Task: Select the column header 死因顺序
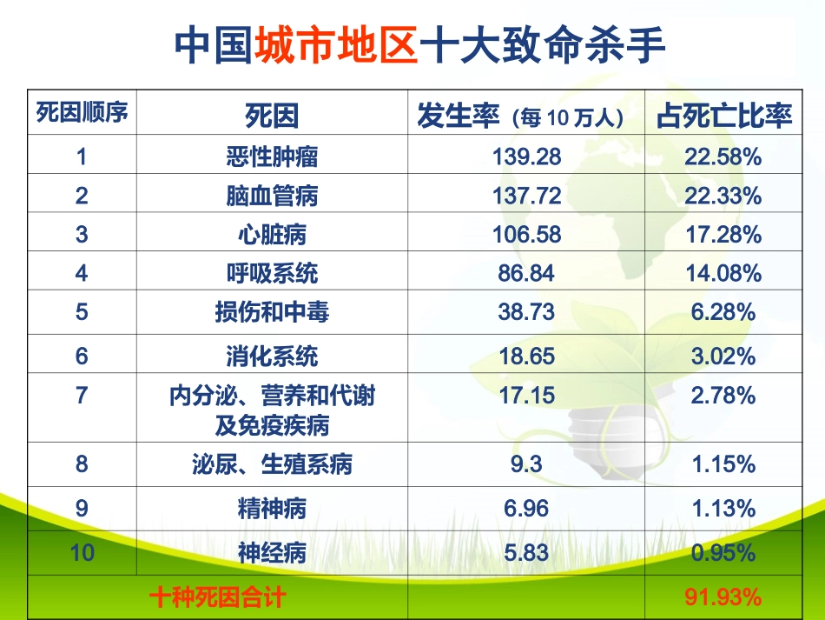coord(82,112)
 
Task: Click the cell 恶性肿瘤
coord(272,157)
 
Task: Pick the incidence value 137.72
coord(526,196)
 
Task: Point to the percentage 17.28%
coord(723,235)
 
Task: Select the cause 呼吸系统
coord(272,273)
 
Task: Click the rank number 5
coord(82,312)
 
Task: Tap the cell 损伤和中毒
coord(272,312)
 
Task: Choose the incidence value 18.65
coord(526,356)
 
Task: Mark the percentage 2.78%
coord(723,396)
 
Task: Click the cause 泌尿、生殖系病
coord(272,464)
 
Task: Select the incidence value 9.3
coord(526,464)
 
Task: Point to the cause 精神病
coord(272,508)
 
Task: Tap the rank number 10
coord(82,552)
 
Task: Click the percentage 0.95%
coord(723,552)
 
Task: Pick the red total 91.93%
coord(723,597)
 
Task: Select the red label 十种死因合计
coord(217,597)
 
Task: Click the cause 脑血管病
coord(272,196)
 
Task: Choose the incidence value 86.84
coord(526,273)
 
